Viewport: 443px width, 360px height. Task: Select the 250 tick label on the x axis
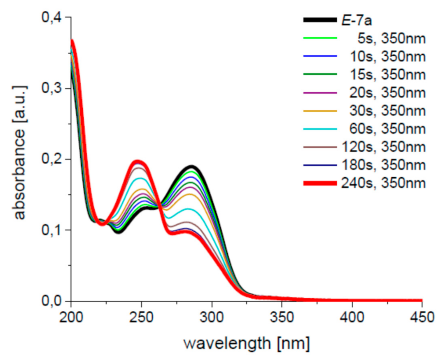(141, 318)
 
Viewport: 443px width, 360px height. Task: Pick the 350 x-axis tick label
(282, 318)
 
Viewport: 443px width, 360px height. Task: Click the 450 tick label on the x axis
(422, 318)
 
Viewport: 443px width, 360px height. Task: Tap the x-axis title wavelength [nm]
(247, 342)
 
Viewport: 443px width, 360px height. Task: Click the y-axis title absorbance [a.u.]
(21, 159)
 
